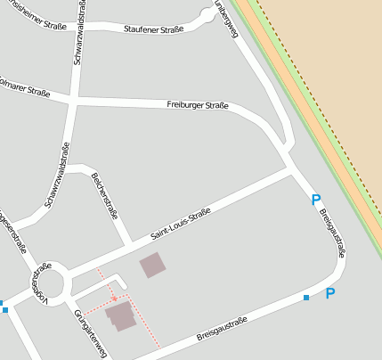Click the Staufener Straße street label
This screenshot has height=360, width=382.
point(154,29)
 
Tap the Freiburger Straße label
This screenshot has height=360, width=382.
point(198,105)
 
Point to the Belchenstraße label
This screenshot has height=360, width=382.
point(104,195)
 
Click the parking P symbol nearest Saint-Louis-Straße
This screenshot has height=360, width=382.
point(314,200)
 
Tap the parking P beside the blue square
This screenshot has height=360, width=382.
point(329,292)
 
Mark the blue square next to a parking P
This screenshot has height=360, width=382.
point(306,297)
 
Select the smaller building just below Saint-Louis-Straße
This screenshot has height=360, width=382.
point(152,265)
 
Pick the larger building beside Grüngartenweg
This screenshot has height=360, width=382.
point(120,315)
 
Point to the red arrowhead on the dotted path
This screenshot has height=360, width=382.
point(115,297)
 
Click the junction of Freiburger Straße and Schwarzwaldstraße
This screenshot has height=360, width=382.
point(73,99)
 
